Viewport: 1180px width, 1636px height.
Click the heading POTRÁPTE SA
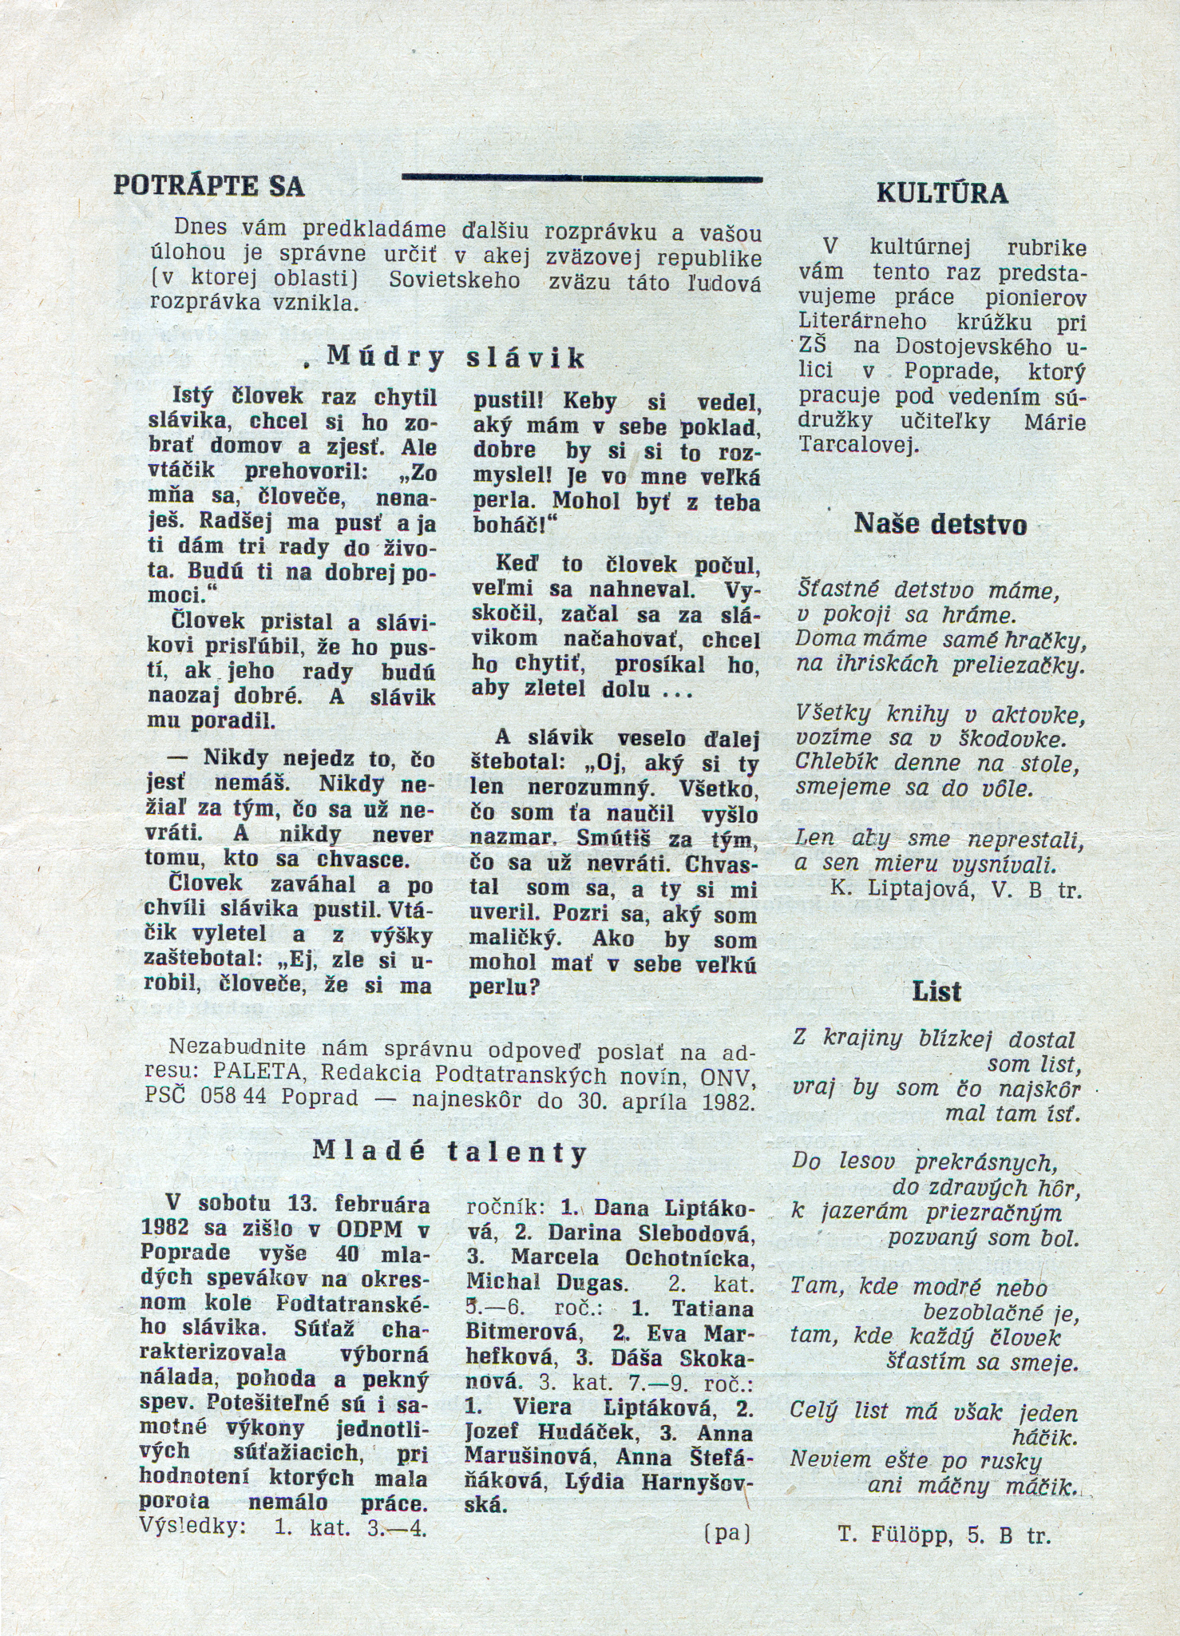209,186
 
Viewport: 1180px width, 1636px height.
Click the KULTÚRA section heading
941,194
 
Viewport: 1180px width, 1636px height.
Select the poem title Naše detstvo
940,524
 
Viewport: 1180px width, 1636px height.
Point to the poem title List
937,992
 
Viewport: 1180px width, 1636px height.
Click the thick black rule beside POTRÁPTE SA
581,178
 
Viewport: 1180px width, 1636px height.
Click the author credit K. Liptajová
895,889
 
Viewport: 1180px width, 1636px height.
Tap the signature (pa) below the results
727,1532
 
